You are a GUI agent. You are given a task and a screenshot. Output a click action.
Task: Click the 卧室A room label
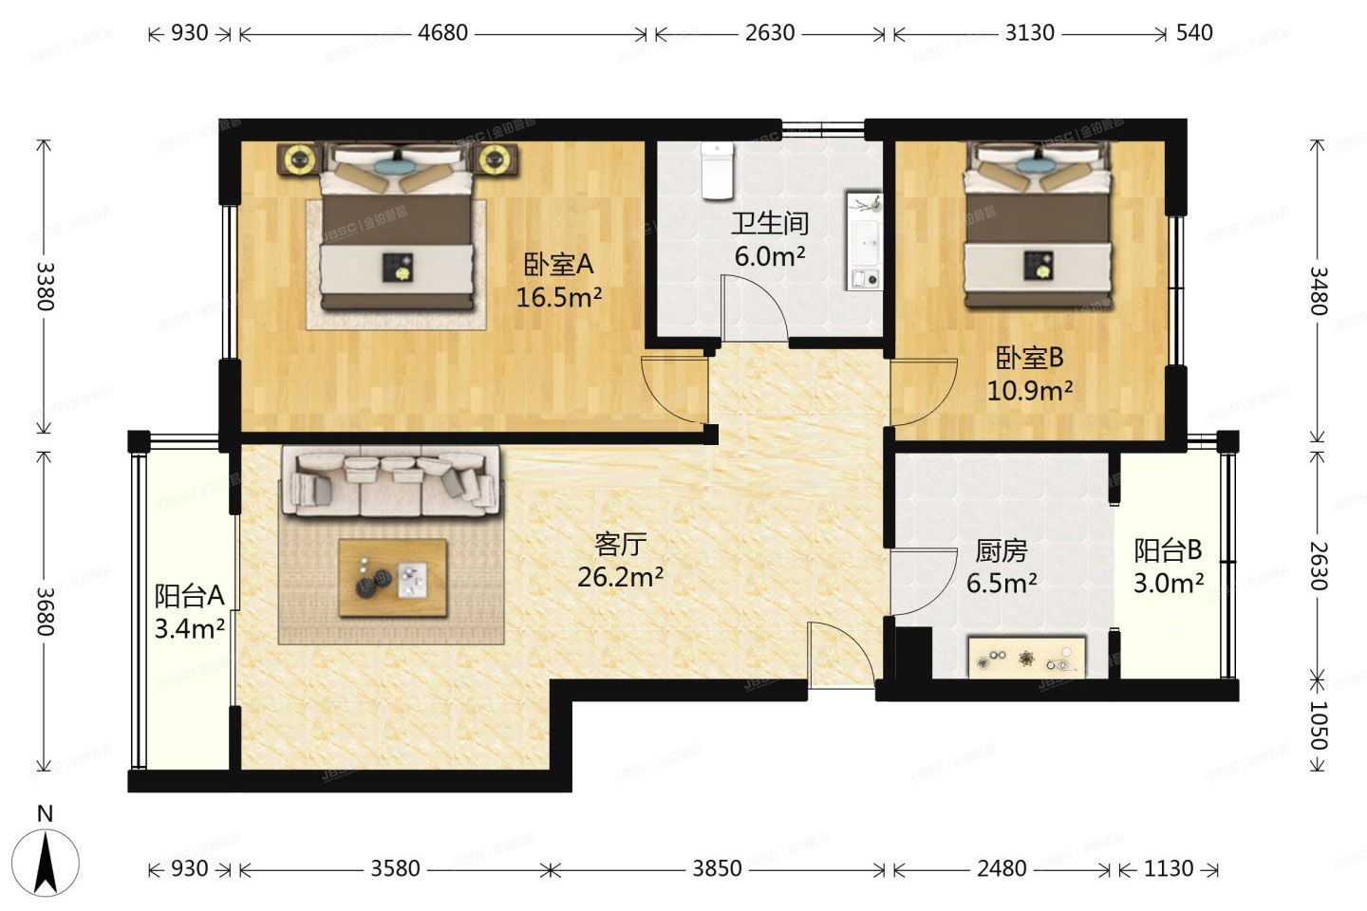(x=558, y=264)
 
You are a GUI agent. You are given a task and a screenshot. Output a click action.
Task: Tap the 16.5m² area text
(x=558, y=297)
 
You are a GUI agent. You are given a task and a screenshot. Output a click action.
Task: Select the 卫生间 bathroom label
(x=769, y=223)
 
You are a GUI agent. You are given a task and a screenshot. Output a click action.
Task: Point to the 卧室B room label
(x=1029, y=358)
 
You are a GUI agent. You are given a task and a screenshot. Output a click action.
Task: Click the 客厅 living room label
(x=620, y=544)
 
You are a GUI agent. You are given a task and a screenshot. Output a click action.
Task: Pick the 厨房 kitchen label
(x=1002, y=550)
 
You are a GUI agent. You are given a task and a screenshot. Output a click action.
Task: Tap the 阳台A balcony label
(x=189, y=595)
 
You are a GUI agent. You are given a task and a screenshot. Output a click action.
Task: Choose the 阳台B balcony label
(x=1168, y=549)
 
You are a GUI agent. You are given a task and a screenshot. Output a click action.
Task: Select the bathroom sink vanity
(x=864, y=241)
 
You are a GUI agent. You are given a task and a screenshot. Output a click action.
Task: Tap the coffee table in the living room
(x=393, y=577)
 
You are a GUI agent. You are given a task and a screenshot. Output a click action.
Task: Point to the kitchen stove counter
(x=1026, y=657)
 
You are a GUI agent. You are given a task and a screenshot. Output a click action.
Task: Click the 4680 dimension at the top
(x=442, y=32)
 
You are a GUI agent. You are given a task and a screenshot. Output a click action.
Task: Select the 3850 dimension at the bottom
(x=717, y=868)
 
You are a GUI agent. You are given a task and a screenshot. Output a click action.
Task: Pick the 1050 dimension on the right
(x=1319, y=726)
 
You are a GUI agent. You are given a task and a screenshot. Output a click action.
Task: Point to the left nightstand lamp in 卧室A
(x=300, y=159)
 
